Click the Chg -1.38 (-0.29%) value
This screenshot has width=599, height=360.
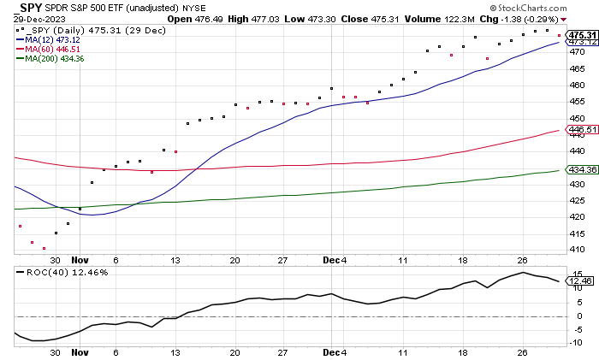point(557,19)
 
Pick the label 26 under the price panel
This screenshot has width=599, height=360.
point(521,262)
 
